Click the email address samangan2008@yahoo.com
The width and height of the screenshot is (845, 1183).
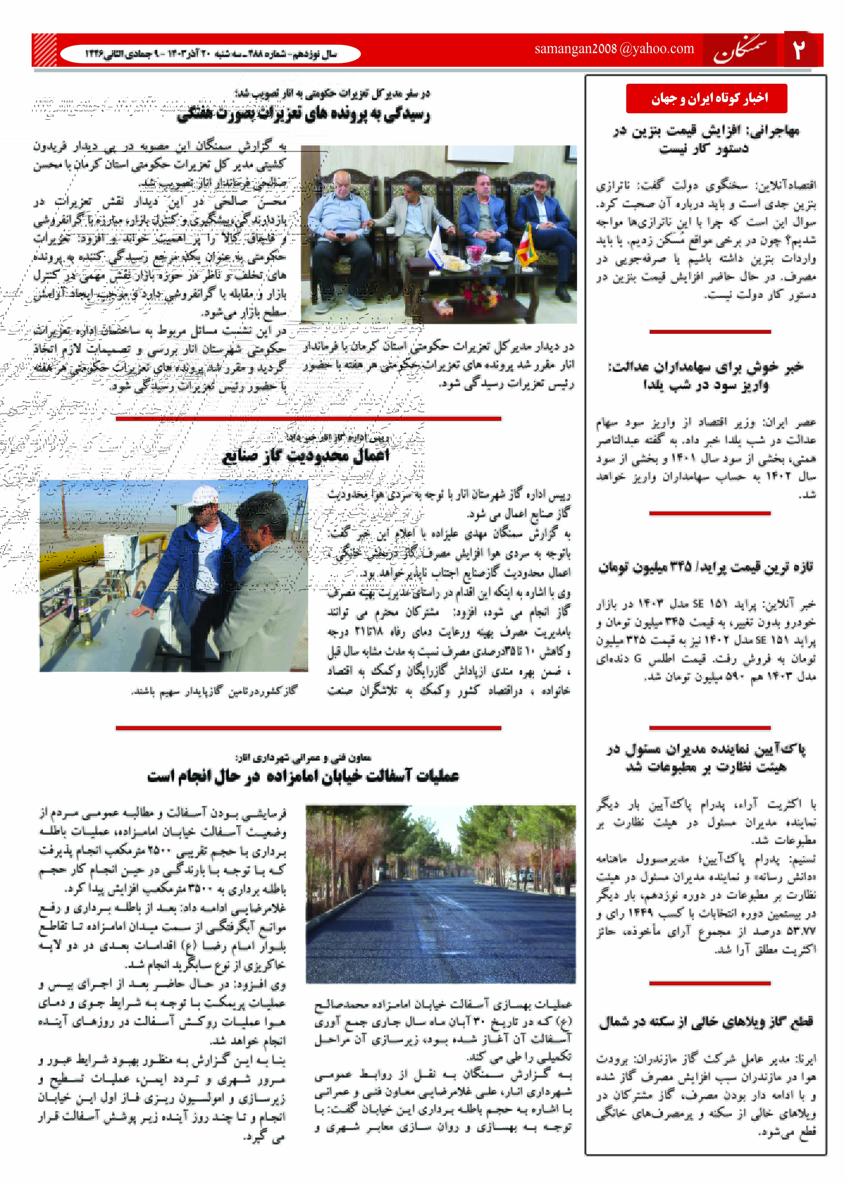point(614,49)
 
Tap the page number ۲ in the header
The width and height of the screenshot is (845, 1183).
point(799,50)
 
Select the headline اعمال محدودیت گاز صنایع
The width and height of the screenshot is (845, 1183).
point(306,456)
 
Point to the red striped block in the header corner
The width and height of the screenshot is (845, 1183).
point(44,50)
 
